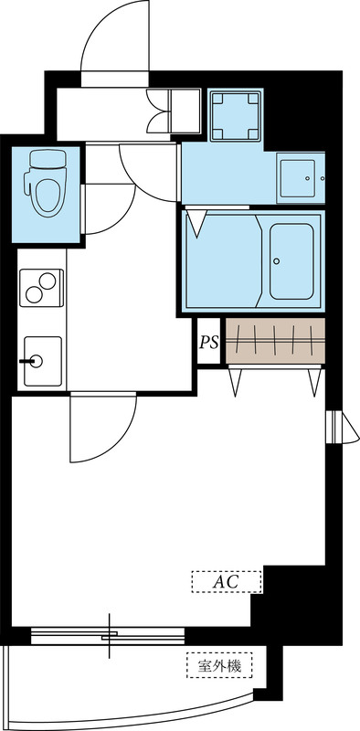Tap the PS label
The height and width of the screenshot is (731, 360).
coord(208,343)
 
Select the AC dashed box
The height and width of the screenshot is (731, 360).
coord(227,581)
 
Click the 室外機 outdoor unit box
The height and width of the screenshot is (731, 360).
coord(219,665)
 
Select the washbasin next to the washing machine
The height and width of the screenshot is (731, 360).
coord(299,175)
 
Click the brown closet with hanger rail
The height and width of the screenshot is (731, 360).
coord(274,340)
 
